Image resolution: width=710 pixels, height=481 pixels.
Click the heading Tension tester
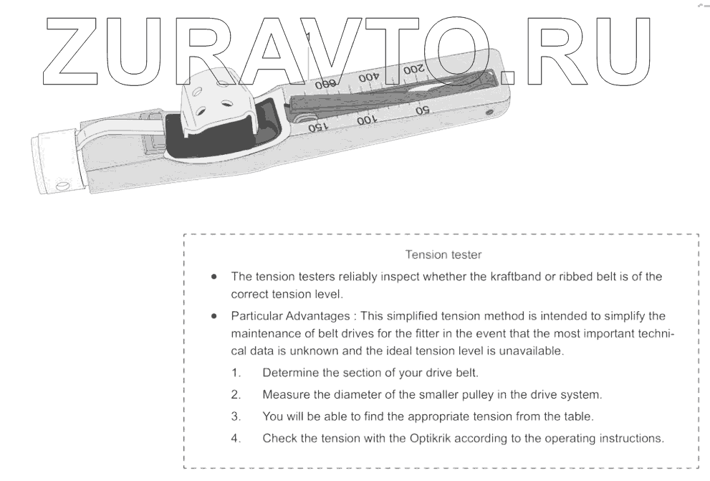pos(443,254)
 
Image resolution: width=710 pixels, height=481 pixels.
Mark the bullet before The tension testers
pos(214,276)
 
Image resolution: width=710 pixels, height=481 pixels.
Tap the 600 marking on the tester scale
pos(325,83)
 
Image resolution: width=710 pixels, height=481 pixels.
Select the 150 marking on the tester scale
pos(317,127)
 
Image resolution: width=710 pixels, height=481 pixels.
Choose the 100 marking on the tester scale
pos(365,120)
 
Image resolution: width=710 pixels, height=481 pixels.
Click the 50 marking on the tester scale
pos(422,110)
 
